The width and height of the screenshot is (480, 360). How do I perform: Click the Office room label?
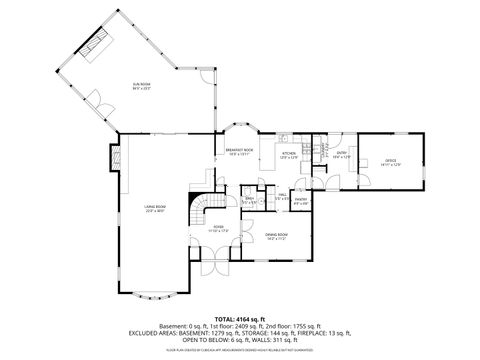(x=392, y=162)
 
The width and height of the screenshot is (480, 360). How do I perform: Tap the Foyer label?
(x=219, y=230)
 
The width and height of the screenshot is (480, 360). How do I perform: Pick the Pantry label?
(x=299, y=201)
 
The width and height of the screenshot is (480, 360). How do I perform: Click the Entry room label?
(x=341, y=154)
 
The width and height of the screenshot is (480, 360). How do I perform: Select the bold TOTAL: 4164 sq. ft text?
(x=239, y=316)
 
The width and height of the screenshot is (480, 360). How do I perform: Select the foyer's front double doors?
(x=212, y=268)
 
